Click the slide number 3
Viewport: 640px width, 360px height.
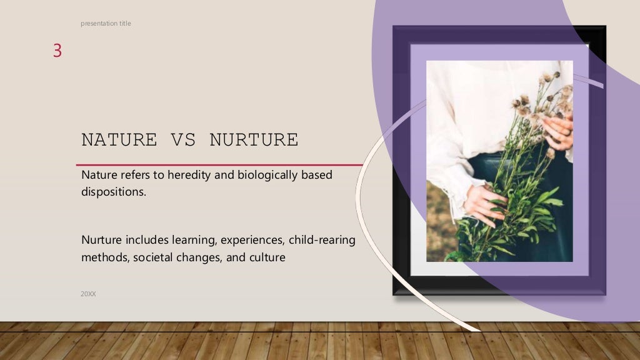point(57,51)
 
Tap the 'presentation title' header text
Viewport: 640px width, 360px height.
point(106,24)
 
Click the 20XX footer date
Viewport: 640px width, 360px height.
point(88,293)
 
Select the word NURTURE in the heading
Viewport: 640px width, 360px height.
point(254,140)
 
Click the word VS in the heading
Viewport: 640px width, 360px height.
point(183,140)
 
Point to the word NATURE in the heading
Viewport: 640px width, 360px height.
point(119,140)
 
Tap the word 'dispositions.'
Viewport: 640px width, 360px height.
point(114,192)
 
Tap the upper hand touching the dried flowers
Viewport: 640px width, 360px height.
point(558,132)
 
